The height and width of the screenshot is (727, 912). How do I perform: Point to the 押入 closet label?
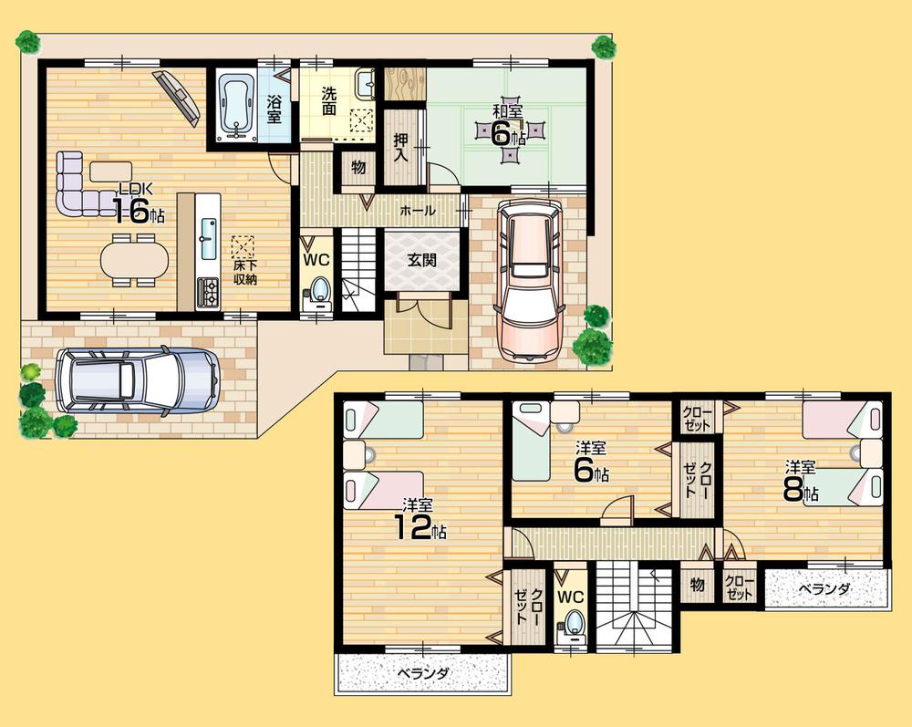[x=400, y=147]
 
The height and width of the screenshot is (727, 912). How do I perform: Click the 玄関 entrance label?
[x=420, y=259]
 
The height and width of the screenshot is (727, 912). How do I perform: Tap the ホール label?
[x=417, y=211]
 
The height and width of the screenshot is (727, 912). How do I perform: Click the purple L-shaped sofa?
[x=78, y=185]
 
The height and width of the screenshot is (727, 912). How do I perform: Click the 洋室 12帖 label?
[x=419, y=518]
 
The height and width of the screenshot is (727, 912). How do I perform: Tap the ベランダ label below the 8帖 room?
[x=824, y=589]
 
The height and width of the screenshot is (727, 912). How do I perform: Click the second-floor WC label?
[x=571, y=597]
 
